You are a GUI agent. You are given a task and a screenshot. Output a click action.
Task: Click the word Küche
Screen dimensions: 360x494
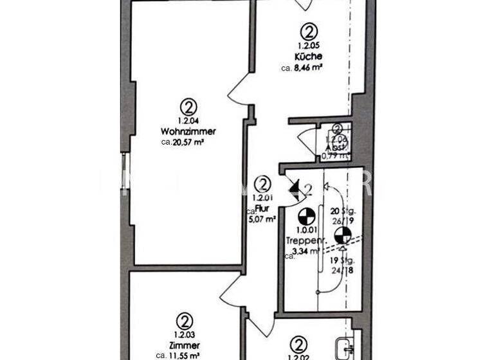[x=308, y=57]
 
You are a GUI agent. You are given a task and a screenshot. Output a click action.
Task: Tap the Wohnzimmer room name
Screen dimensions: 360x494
[x=188, y=131]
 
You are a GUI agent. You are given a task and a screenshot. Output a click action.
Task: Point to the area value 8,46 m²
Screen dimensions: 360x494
[x=308, y=67]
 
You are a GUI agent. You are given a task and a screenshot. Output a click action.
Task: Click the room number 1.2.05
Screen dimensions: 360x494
[x=308, y=46]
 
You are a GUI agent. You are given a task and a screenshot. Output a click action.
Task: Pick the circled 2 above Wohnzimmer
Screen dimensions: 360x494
[x=188, y=107]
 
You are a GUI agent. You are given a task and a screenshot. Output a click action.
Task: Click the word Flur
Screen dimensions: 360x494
[x=261, y=208]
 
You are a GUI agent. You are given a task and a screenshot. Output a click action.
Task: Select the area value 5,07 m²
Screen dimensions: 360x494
[x=262, y=219]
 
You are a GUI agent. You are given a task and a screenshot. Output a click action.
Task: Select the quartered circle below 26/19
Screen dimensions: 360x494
[x=343, y=235]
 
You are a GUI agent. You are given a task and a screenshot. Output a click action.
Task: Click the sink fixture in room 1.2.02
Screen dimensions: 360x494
[x=343, y=350]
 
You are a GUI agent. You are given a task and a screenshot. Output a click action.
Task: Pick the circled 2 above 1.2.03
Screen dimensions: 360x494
[x=185, y=321]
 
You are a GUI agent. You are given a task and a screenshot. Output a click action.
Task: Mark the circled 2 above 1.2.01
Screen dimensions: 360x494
[x=262, y=184]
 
